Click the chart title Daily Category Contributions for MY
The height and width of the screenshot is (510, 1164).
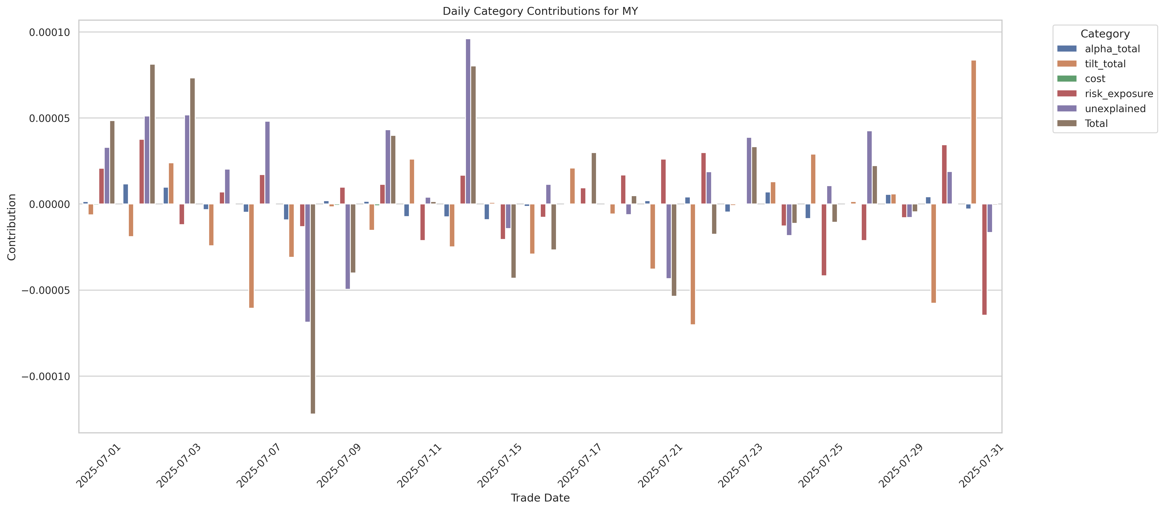coord(540,11)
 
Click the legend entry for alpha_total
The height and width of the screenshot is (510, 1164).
coord(1112,49)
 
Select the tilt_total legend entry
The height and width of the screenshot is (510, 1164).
coord(1105,64)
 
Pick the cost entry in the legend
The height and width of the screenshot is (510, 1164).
coord(1095,79)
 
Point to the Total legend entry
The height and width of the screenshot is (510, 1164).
coord(1096,123)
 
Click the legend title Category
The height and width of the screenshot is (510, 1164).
coord(1105,34)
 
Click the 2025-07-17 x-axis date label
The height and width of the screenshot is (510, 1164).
coord(580,466)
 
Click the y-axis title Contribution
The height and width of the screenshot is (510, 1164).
coord(12,227)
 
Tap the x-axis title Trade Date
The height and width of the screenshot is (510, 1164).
coord(540,498)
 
